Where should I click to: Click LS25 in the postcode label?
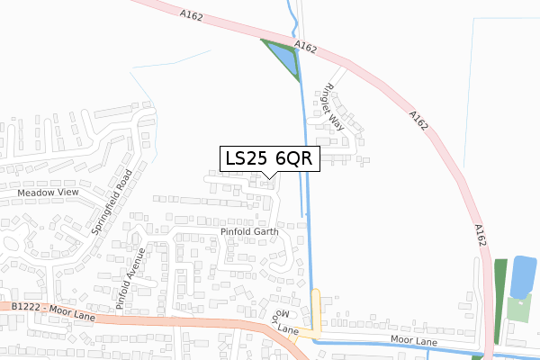(x=245, y=158)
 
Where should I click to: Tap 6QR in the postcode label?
(x=293, y=158)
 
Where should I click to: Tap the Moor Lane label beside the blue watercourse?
(x=414, y=340)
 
